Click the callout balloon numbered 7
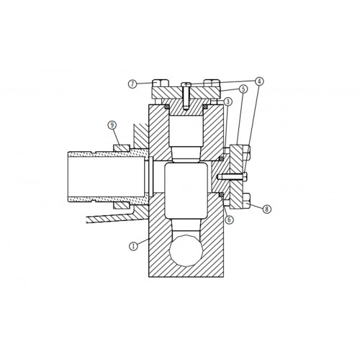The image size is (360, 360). [x=132, y=84]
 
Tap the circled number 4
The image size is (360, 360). [x=259, y=81]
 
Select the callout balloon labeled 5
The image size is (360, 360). [x=243, y=89]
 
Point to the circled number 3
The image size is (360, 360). [x=228, y=102]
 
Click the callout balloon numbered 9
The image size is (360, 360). [x=112, y=125]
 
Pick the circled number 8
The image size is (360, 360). [x=266, y=209]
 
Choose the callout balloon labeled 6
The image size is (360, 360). [x=230, y=219]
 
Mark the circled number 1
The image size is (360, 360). [x=134, y=246]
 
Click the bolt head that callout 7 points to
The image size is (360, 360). [x=161, y=83]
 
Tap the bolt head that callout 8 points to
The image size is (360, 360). [x=247, y=201]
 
